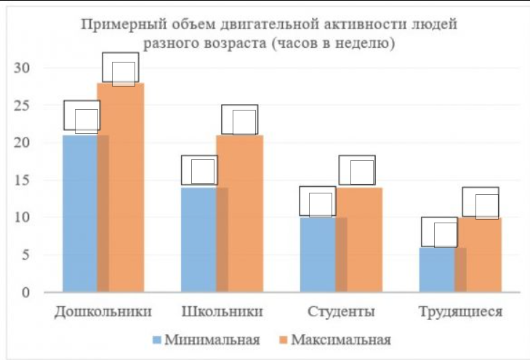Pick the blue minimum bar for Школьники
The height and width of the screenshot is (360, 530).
(x=198, y=239)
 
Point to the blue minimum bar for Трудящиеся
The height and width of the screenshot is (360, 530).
(x=436, y=269)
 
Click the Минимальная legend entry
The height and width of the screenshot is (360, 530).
(x=206, y=340)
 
